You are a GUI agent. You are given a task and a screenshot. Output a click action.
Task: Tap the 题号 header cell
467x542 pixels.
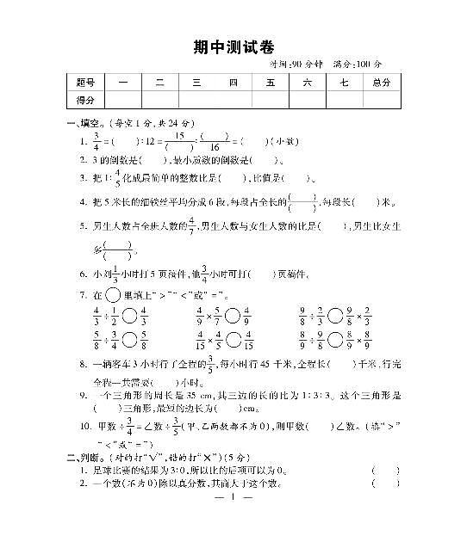[84, 83]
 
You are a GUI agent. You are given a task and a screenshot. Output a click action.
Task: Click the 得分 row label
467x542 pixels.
[84, 100]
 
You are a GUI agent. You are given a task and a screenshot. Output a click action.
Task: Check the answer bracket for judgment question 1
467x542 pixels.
[385, 471]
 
